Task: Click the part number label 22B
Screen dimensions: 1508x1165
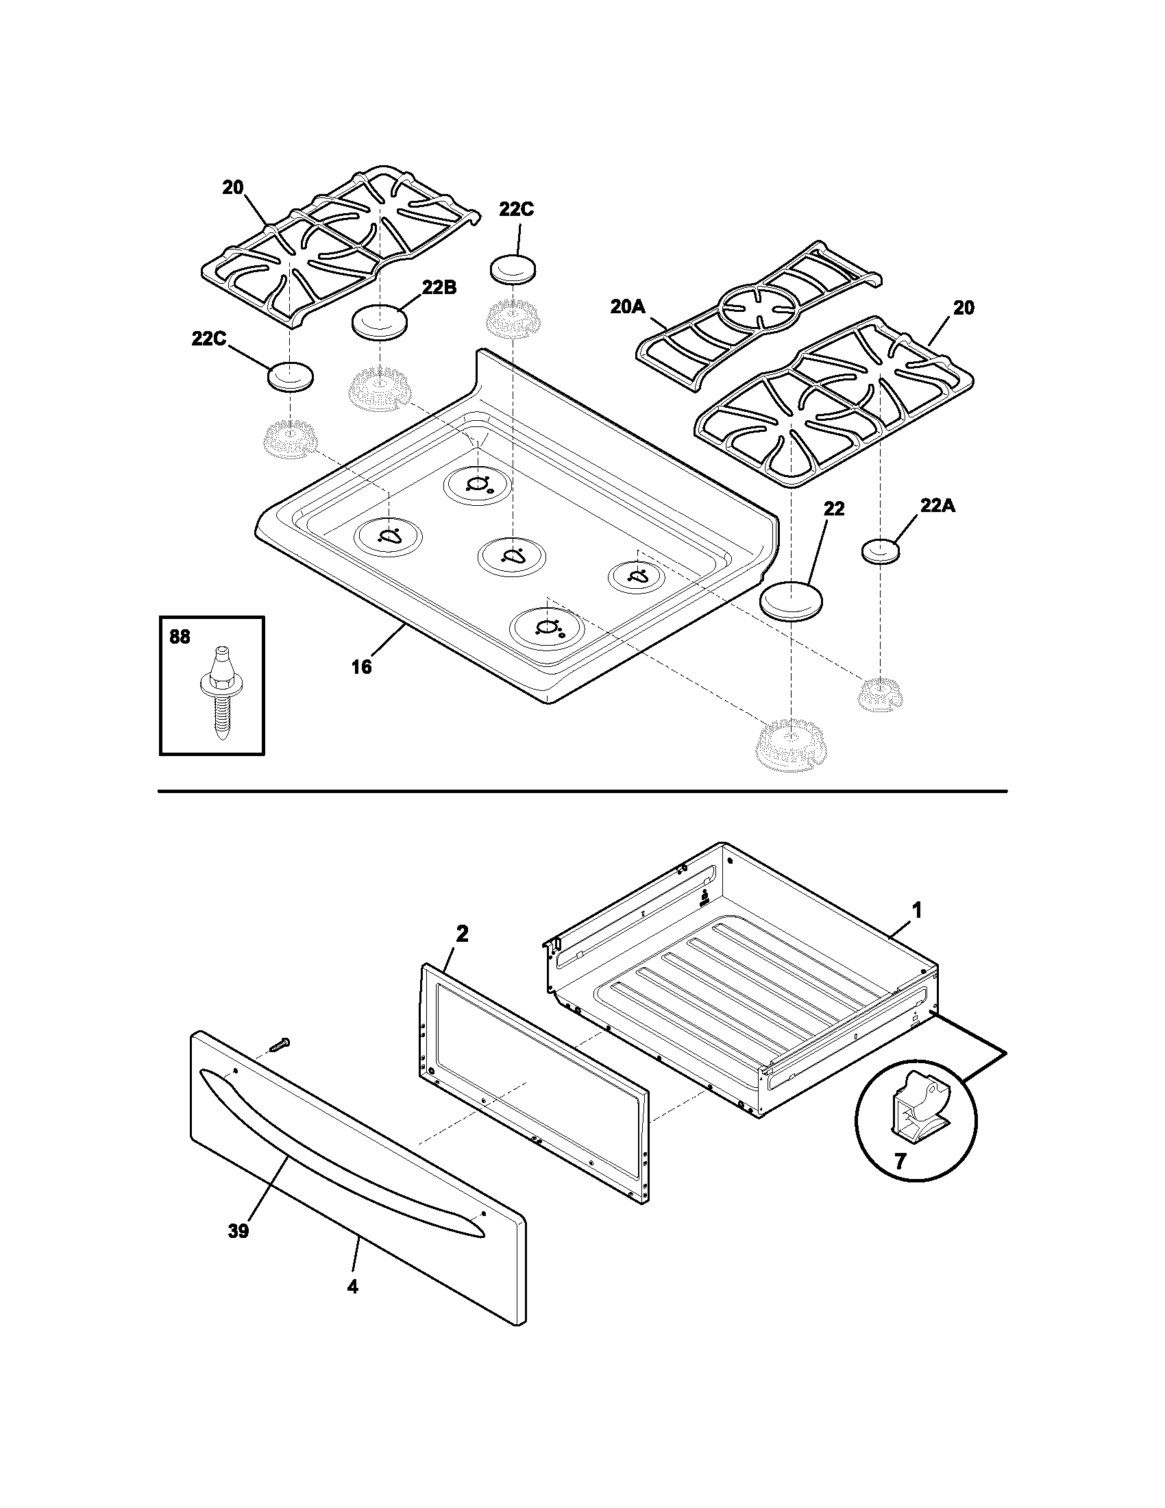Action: tap(440, 288)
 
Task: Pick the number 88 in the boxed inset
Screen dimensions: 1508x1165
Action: tap(180, 637)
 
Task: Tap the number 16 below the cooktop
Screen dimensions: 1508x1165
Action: tap(361, 666)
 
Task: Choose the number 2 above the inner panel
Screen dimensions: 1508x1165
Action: tap(462, 934)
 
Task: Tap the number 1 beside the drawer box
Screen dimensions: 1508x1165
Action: tap(916, 912)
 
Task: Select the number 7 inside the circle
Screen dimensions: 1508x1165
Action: tap(899, 1161)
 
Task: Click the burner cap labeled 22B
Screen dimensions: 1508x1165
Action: tap(380, 322)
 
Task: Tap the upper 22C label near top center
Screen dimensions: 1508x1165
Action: tap(517, 210)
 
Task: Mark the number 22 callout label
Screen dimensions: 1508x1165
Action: tap(833, 509)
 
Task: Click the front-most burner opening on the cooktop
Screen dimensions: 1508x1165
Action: tap(547, 628)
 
